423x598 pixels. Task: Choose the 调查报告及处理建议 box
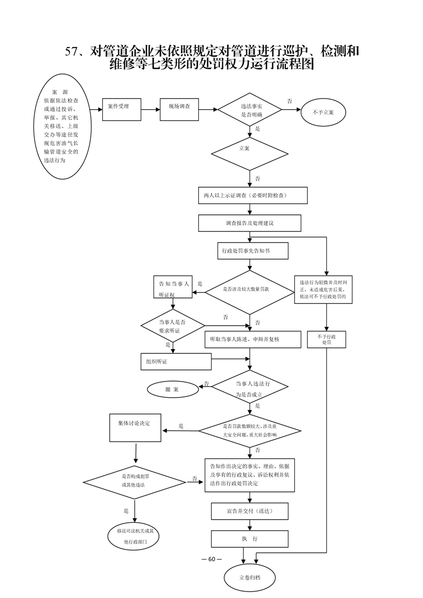(x=250, y=223)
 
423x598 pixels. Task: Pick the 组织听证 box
(x=176, y=361)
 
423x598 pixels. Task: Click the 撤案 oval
(x=172, y=390)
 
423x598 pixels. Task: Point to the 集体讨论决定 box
(x=135, y=427)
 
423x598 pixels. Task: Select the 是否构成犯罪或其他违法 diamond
(x=134, y=480)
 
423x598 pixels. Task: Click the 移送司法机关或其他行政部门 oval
(x=135, y=536)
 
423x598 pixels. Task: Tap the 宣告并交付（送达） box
(x=250, y=511)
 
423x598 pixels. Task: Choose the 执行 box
(x=250, y=539)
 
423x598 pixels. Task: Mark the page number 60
(x=211, y=559)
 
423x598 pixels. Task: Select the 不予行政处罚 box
(x=326, y=340)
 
